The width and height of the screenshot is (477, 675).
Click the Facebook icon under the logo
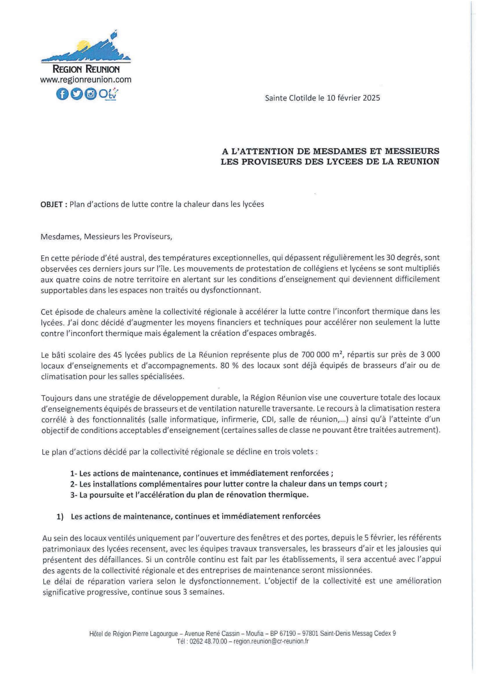pyautogui.click(x=62, y=94)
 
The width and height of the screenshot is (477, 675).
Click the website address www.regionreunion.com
pyautogui.click(x=86, y=80)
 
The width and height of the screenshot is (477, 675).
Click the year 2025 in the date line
pyautogui.click(x=371, y=98)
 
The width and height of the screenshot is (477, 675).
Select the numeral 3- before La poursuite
pyautogui.click(x=74, y=495)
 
